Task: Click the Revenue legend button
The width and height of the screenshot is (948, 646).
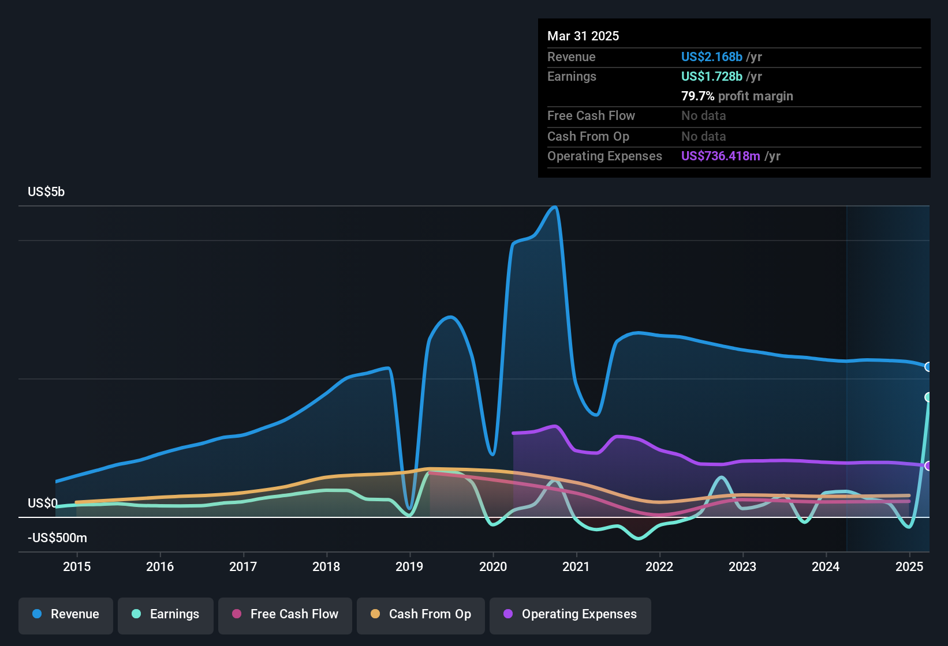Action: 65,614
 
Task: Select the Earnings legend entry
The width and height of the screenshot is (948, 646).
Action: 165,614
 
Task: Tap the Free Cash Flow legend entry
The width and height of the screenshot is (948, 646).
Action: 285,614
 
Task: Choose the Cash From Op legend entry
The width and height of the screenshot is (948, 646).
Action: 420,614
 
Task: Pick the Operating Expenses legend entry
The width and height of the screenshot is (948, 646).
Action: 570,614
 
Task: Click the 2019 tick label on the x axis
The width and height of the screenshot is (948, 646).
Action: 409,566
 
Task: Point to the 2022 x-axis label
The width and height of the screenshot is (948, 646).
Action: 659,566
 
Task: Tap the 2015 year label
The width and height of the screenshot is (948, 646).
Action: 77,566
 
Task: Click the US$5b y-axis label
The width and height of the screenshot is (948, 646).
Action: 46,191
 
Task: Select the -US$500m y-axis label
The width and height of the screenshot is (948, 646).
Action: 57,538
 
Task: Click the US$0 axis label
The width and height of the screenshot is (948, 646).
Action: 43,503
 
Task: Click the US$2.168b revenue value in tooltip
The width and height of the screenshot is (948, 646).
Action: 711,57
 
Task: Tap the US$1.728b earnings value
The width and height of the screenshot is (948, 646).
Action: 711,76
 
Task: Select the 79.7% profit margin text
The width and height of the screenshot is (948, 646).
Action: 737,96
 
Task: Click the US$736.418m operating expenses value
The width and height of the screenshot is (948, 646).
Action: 720,156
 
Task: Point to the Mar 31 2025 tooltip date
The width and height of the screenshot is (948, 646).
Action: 583,36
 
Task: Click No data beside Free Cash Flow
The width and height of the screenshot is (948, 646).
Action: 703,115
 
